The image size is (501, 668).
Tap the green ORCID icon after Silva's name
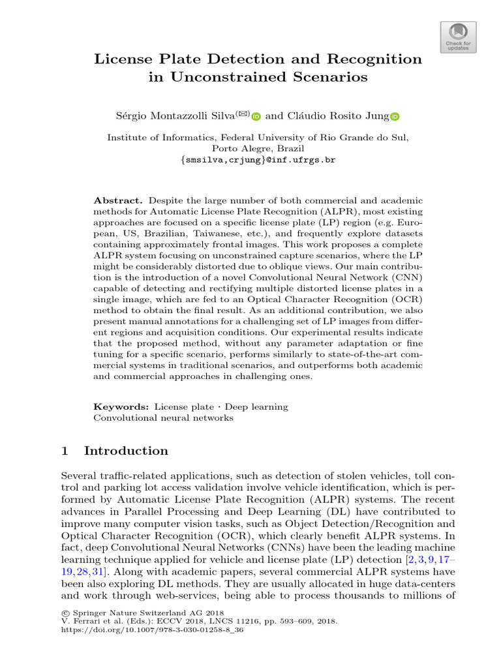[256, 117]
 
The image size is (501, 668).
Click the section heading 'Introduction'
[126, 451]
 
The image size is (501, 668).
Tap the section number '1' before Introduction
[64, 451]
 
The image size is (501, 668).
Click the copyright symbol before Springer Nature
[63, 613]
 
